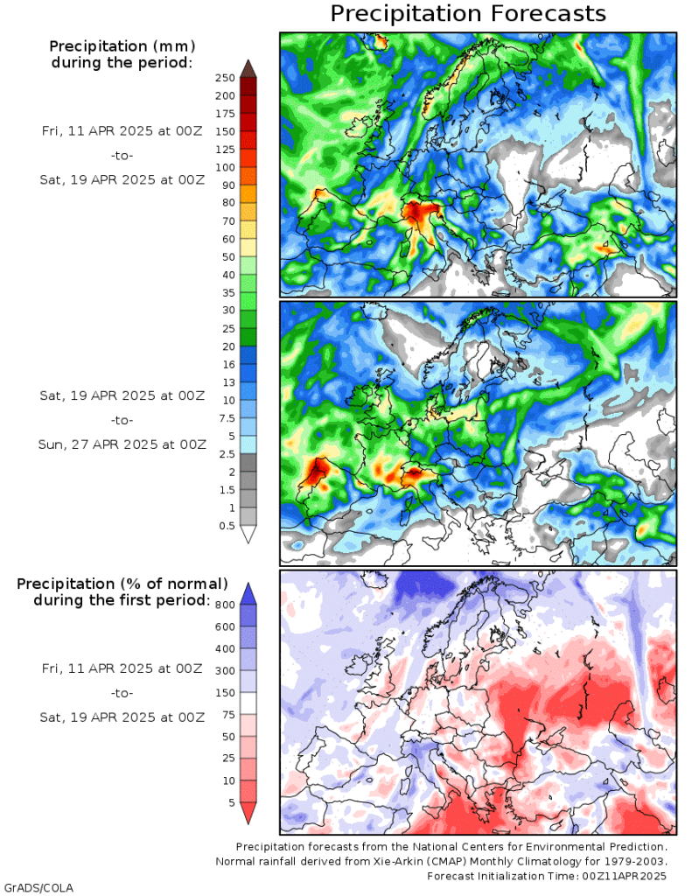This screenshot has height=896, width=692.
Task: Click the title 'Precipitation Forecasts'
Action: pos(468,14)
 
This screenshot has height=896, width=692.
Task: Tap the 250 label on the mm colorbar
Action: pos(225,78)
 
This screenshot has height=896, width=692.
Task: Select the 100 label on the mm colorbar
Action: pos(225,167)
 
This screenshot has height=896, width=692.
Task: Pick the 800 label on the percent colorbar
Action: pos(225,604)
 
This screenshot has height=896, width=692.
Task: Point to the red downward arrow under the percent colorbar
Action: pos(248,813)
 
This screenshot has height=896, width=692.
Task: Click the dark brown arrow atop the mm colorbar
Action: pos(248,68)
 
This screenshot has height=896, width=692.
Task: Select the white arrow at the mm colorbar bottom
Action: pos(248,534)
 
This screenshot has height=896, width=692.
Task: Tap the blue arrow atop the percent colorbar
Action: pos(248,593)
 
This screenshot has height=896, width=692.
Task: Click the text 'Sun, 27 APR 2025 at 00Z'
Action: pos(122,444)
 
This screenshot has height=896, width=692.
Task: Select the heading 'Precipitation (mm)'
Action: pos(122,45)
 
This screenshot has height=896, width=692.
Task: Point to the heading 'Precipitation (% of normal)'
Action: pos(122,583)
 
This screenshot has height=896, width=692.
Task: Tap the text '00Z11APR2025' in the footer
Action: pos(626,875)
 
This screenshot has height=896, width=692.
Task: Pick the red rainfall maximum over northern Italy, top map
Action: pos(417,213)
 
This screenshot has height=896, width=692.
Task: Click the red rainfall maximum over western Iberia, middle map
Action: pos(315,474)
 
